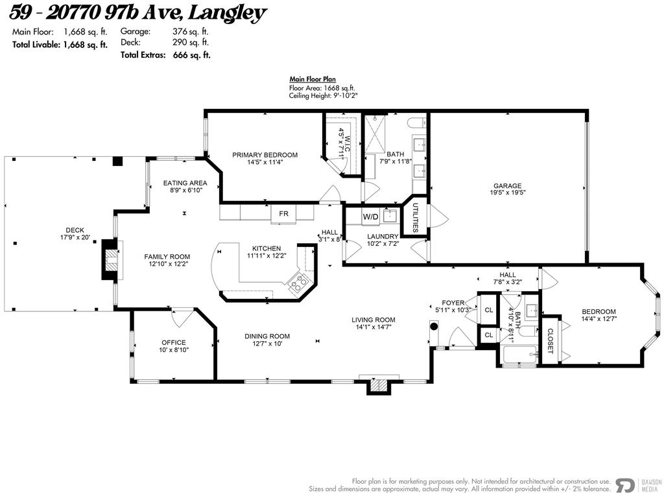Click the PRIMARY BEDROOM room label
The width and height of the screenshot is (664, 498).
pos(265,155)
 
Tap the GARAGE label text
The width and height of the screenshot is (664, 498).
pos(507,186)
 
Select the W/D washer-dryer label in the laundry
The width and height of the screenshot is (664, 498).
pos(370,217)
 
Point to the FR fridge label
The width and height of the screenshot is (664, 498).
pos(284,213)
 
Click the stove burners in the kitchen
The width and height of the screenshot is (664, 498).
pos(298,281)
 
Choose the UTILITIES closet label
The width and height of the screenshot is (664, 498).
pos(415,217)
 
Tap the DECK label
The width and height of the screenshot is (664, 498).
pos(75,230)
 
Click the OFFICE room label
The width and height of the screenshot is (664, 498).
pos(173,342)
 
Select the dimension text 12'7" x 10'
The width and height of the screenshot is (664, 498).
pos(267,344)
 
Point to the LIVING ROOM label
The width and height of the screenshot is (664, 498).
pos(373,320)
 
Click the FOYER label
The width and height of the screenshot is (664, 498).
pos(453,303)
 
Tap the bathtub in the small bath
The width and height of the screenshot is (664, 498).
pos(519,354)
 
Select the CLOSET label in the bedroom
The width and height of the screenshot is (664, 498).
pos(551,340)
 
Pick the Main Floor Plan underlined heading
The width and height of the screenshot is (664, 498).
pos(313,80)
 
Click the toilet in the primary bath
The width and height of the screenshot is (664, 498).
pos(416,122)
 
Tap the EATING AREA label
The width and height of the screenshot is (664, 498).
pos(185,183)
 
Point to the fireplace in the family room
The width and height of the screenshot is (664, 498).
pos(112,260)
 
